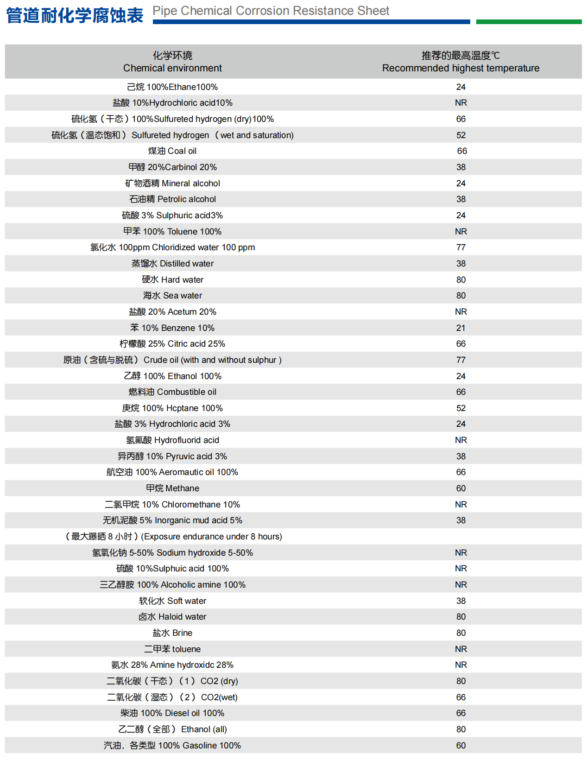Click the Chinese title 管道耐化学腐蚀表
75,15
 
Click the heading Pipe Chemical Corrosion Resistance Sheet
271,11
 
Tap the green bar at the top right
529,22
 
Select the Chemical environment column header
172,62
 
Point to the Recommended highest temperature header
461,62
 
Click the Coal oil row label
172,151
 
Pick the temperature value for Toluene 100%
461,231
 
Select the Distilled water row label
172,264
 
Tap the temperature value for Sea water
461,296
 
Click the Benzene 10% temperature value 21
461,328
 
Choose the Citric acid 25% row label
172,344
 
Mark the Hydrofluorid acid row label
172,440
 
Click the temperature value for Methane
461,488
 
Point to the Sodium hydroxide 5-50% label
172,553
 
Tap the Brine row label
172,633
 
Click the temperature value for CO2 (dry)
461,681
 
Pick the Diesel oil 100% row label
172,713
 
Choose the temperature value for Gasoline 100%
461,746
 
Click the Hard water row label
172,280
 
